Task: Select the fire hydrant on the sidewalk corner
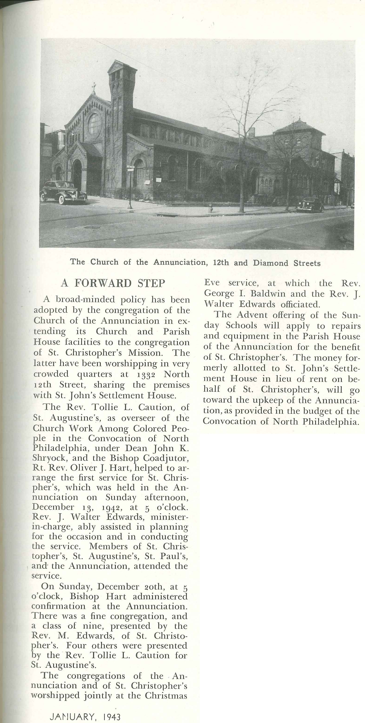(211, 208)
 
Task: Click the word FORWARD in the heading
(103, 283)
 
